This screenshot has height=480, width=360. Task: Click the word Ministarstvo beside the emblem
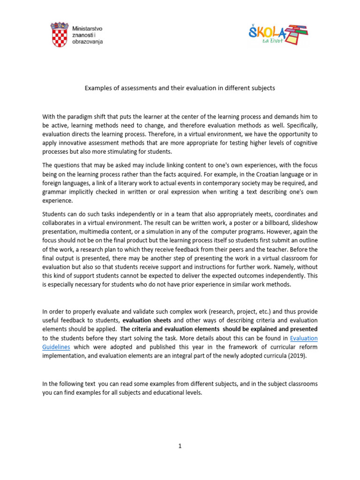88,28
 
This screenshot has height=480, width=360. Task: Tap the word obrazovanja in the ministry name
88,42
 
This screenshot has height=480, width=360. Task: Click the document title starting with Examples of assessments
180,88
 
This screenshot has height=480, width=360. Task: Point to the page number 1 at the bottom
180,446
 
